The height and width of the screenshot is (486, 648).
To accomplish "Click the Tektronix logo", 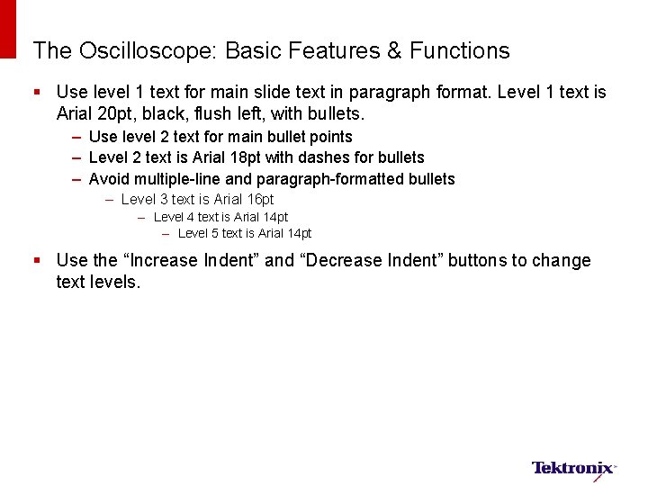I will click(573, 468).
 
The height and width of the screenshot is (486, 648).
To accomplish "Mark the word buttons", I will click(479, 261).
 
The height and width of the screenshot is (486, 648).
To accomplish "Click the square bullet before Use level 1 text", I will click(37, 93).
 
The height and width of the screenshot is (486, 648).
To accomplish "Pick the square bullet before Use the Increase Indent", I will click(37, 261).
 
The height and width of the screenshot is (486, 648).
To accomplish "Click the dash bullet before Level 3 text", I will click(109, 199).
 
